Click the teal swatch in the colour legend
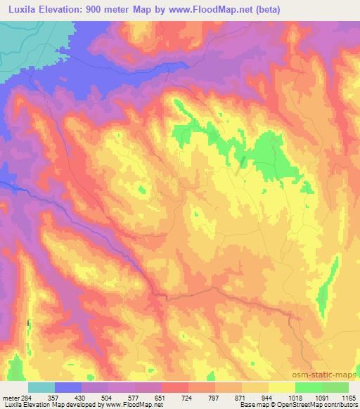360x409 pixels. click(41, 388)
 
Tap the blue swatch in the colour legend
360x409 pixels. click(68, 388)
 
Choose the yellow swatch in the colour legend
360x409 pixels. click(281, 388)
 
